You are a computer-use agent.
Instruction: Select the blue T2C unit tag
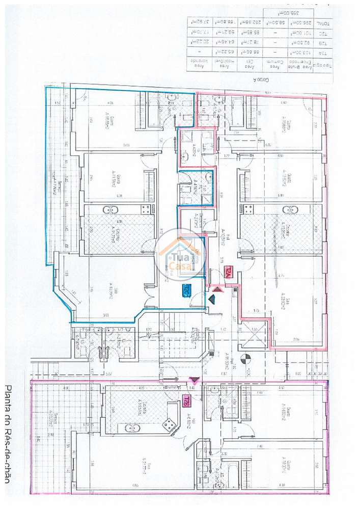pyautogui.click(x=186, y=291)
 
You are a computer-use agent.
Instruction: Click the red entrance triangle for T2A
pyautogui.click(x=217, y=289)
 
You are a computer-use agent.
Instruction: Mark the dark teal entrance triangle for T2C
pyautogui.click(x=211, y=300)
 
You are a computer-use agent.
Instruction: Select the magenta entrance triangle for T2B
pyautogui.click(x=193, y=380)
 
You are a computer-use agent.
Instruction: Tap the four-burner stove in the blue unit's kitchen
pyautogui.click(x=147, y=209)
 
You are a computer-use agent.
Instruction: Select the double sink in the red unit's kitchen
pyautogui.click(x=288, y=210)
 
